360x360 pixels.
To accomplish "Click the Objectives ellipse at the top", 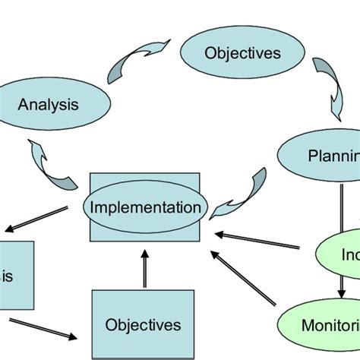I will pos(232,54).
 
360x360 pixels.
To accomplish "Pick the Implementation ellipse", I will pos(145,207).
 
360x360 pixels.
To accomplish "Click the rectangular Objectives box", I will pos(143,325).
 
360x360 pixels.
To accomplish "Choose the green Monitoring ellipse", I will pos(323,326).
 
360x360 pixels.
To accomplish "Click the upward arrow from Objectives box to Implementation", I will pos(144,270).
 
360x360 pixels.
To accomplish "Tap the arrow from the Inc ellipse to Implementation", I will pos(258,240).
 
